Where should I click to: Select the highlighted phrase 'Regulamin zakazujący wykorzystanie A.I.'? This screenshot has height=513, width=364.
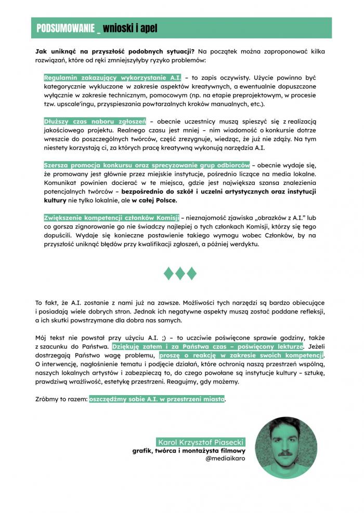click(x=112, y=77)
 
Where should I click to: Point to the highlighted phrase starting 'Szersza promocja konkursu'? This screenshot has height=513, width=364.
click(x=147, y=165)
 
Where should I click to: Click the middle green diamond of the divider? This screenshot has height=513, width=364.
click(x=180, y=273)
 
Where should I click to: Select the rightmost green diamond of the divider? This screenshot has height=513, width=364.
click(x=192, y=273)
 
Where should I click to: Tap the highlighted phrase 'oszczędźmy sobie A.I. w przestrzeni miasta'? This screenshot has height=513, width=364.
click(x=157, y=399)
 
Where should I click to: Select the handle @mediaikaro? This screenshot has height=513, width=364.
click(x=225, y=459)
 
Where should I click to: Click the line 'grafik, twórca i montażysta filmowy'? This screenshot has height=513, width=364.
click(x=188, y=451)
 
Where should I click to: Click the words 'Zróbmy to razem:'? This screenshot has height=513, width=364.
click(x=61, y=399)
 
